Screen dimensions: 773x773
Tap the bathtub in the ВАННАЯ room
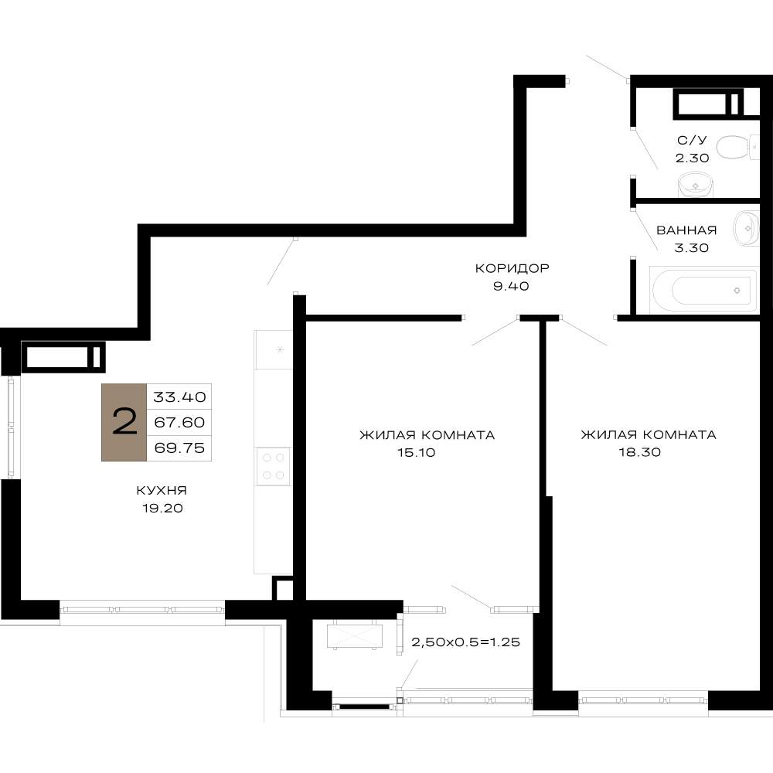coord(703,290)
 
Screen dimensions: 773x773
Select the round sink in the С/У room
coord(696,185)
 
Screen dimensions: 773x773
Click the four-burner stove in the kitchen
coord(273,466)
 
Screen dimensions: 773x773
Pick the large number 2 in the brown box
coord(124,422)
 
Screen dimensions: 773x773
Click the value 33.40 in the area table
coord(179,397)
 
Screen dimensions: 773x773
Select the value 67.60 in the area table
coord(179,422)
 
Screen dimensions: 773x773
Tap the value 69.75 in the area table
coord(179,448)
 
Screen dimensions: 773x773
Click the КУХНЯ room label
coord(162,491)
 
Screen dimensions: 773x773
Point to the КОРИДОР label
coord(512,268)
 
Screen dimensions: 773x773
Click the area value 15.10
coord(417,452)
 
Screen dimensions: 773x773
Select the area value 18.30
coord(640,452)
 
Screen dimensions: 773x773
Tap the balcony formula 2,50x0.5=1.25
coord(466,642)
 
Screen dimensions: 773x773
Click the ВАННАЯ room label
coord(686,230)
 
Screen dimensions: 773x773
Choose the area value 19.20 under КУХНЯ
coord(162,509)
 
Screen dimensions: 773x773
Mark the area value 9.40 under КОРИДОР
coord(511,286)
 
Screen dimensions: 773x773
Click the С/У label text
coord(692,140)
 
